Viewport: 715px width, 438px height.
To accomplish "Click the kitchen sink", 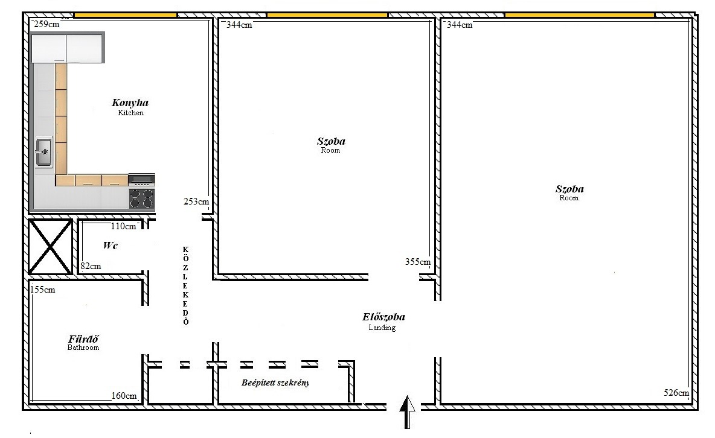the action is point(43,152).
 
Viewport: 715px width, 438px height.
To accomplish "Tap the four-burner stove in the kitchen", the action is point(141,198).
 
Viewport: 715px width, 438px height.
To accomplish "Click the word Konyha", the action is point(130,103).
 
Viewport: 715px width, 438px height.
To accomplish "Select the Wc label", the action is point(111,246).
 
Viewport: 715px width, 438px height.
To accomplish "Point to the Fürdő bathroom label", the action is point(83,338).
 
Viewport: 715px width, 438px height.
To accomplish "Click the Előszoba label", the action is point(383,317).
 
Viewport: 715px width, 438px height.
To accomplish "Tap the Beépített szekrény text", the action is point(275,382).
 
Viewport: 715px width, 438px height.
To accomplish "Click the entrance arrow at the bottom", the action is point(407,412).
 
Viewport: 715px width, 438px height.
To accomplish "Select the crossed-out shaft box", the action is point(50,247).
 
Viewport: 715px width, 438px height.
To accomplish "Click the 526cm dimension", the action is point(676,392).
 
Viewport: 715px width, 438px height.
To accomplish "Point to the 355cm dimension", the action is point(418,262).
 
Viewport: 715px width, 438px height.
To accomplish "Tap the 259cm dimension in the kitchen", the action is point(46,24).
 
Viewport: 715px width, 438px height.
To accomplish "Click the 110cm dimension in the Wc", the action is point(123,226).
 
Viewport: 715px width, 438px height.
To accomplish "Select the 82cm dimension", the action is point(91,266).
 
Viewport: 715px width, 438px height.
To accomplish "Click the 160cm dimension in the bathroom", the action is point(124,396).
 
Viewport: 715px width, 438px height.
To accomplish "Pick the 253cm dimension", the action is point(196,201).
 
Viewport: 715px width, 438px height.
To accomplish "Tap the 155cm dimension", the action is point(43,290).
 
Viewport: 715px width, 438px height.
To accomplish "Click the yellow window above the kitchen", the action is point(126,15).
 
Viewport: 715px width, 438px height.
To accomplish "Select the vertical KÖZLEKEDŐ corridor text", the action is point(185,285).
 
